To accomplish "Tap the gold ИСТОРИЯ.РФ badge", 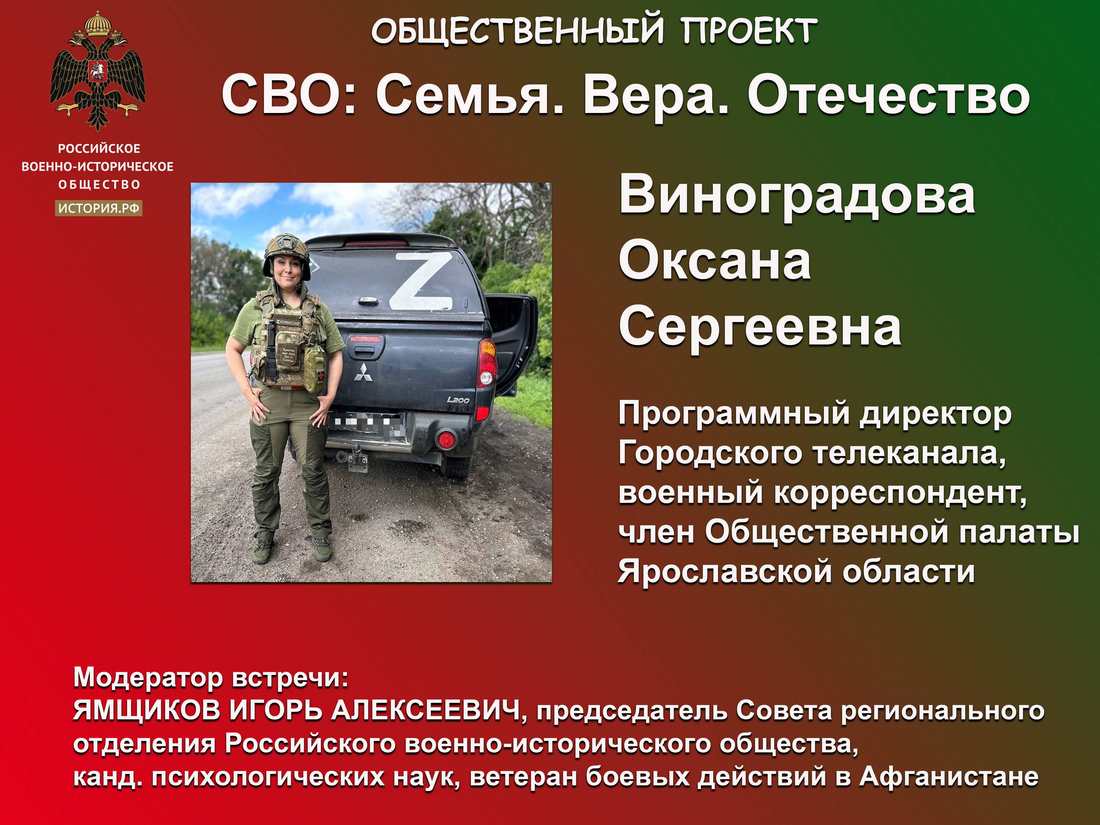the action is [99, 208].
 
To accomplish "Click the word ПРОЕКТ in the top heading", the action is [749, 31].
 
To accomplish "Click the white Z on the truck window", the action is [421, 280].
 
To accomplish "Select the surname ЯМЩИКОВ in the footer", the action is [146, 712].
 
